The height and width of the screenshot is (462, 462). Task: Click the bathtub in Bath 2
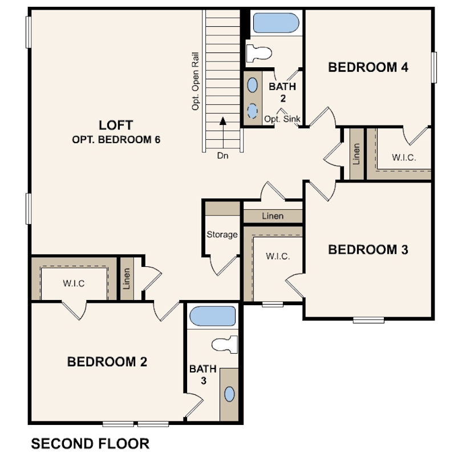276,23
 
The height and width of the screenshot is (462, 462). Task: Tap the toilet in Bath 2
259,54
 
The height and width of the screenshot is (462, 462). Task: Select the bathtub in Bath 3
212,316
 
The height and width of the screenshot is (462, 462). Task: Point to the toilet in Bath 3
225,344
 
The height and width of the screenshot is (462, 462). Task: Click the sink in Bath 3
229,394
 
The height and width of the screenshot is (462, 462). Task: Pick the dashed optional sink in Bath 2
252,111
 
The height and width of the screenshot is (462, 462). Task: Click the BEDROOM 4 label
368,67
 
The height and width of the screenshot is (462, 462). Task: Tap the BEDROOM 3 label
368,250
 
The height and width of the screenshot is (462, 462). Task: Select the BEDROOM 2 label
107,362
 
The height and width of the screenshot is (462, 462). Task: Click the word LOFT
116,125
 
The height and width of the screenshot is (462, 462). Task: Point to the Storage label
222,235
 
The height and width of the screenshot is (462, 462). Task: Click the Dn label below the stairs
223,156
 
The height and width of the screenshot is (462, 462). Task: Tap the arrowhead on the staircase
223,121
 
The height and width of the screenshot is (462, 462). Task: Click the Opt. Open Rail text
195,82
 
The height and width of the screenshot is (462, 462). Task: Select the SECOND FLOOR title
90,444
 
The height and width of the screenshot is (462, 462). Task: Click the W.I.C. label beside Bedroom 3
278,256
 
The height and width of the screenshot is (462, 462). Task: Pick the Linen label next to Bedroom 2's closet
127,279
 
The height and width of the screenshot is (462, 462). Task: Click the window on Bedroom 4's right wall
434,67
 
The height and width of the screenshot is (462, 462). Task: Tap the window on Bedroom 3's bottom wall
368,320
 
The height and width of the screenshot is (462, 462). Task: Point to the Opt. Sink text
282,119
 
